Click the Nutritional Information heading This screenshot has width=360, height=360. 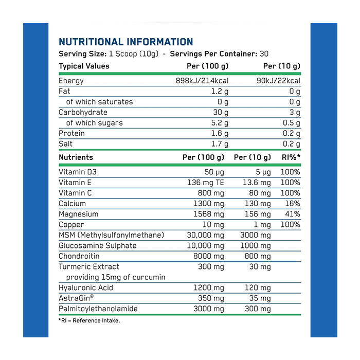[126, 42]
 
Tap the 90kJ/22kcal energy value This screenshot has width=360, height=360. [277, 81]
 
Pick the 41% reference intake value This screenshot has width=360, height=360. [291, 214]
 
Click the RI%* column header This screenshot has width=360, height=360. [290, 157]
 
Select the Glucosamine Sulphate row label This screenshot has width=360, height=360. [97, 245]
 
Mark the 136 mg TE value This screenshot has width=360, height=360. [206, 183]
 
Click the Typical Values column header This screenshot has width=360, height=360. [84, 66]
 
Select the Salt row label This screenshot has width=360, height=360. [66, 144]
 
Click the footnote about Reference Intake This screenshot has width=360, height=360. [88, 321]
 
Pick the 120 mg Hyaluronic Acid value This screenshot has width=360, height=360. [257, 287]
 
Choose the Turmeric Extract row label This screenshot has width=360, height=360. [88, 266]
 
